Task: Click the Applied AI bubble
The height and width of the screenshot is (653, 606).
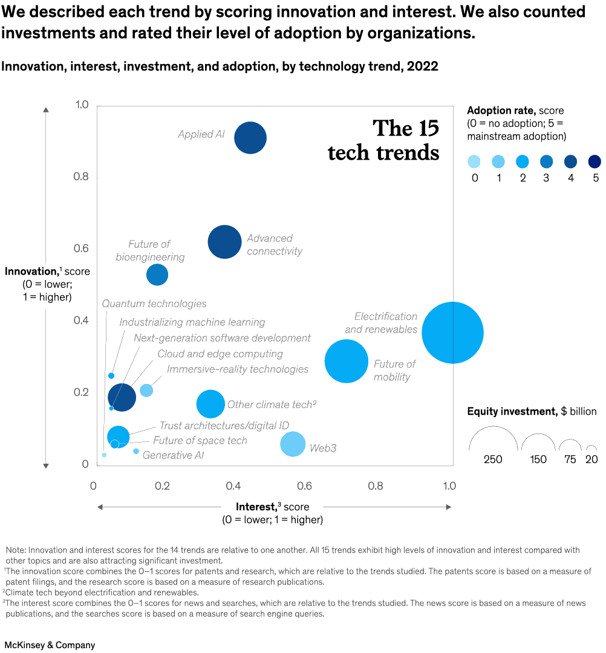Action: pyautogui.click(x=250, y=138)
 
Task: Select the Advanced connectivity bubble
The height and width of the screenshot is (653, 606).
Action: pyautogui.click(x=224, y=242)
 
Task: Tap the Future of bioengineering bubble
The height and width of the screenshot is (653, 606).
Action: pyautogui.click(x=157, y=275)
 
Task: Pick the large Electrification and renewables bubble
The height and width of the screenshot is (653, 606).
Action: pyautogui.click(x=452, y=333)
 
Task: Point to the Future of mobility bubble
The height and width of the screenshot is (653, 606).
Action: pyautogui.click(x=347, y=361)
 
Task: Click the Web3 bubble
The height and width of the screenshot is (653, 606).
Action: pyautogui.click(x=293, y=444)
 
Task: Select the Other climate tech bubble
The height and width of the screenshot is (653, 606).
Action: pyautogui.click(x=210, y=404)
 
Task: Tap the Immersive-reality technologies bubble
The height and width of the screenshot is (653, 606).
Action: pyautogui.click(x=146, y=390)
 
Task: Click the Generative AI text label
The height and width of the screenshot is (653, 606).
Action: pyautogui.click(x=173, y=455)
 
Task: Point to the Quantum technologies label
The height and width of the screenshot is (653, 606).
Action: pyautogui.click(x=154, y=304)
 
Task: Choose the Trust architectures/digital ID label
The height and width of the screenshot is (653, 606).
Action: pyautogui.click(x=224, y=426)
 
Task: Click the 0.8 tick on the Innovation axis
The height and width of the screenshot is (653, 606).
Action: pyautogui.click(x=80, y=177)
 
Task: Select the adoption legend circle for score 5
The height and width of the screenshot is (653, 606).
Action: pyautogui.click(x=595, y=161)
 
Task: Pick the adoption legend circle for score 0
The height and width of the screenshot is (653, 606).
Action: pyautogui.click(x=474, y=161)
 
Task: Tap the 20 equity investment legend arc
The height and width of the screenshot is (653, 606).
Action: pyautogui.click(x=591, y=449)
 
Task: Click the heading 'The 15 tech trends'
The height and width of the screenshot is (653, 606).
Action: pyautogui.click(x=383, y=140)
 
